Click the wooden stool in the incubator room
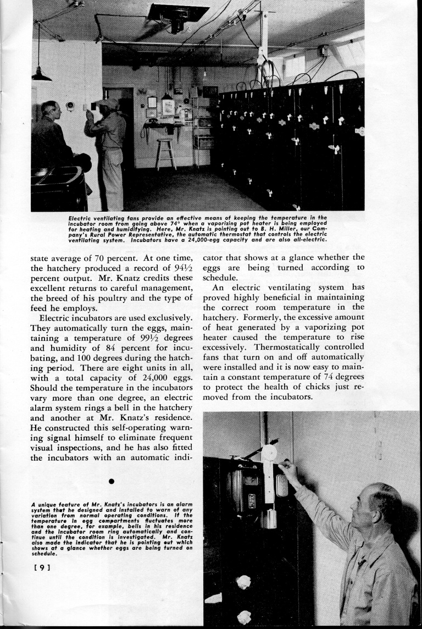(165, 154)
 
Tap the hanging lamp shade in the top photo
(41, 76)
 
